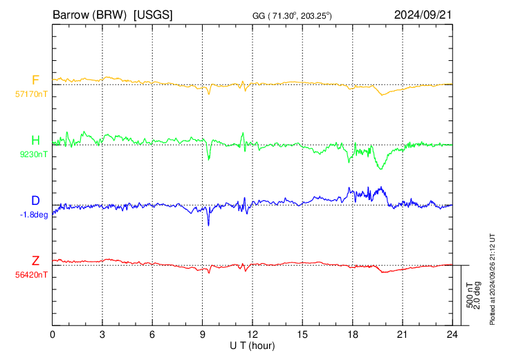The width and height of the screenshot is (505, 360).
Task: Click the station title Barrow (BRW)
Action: (x=89, y=15)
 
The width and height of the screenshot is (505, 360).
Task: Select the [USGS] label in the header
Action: (x=153, y=15)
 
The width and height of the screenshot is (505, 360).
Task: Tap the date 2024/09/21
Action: (x=423, y=15)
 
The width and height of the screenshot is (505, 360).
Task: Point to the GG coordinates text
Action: (x=292, y=16)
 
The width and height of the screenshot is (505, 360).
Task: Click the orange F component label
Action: (x=35, y=80)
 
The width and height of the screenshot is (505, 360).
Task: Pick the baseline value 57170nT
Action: (x=31, y=94)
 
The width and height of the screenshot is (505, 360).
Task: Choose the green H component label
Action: (x=35, y=141)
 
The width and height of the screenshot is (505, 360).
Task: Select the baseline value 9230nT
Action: (x=33, y=154)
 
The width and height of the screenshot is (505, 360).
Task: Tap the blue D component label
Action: (x=35, y=201)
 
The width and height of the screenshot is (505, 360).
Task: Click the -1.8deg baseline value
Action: (x=34, y=215)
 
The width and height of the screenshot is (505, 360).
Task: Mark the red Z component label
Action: (x=35, y=261)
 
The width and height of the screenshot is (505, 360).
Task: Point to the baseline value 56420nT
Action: (x=31, y=275)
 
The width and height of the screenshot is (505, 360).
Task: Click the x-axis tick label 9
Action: (x=202, y=335)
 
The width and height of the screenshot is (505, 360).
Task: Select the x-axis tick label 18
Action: (x=352, y=335)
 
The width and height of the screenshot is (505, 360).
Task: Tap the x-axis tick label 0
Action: (x=53, y=335)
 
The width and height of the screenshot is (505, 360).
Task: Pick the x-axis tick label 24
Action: (x=452, y=335)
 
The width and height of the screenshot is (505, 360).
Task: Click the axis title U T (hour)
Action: (x=252, y=346)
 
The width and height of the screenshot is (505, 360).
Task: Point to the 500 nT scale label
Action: (x=470, y=295)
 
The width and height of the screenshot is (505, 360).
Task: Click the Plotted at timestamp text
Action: (x=492, y=279)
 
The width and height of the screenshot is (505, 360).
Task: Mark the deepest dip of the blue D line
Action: (x=208, y=225)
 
